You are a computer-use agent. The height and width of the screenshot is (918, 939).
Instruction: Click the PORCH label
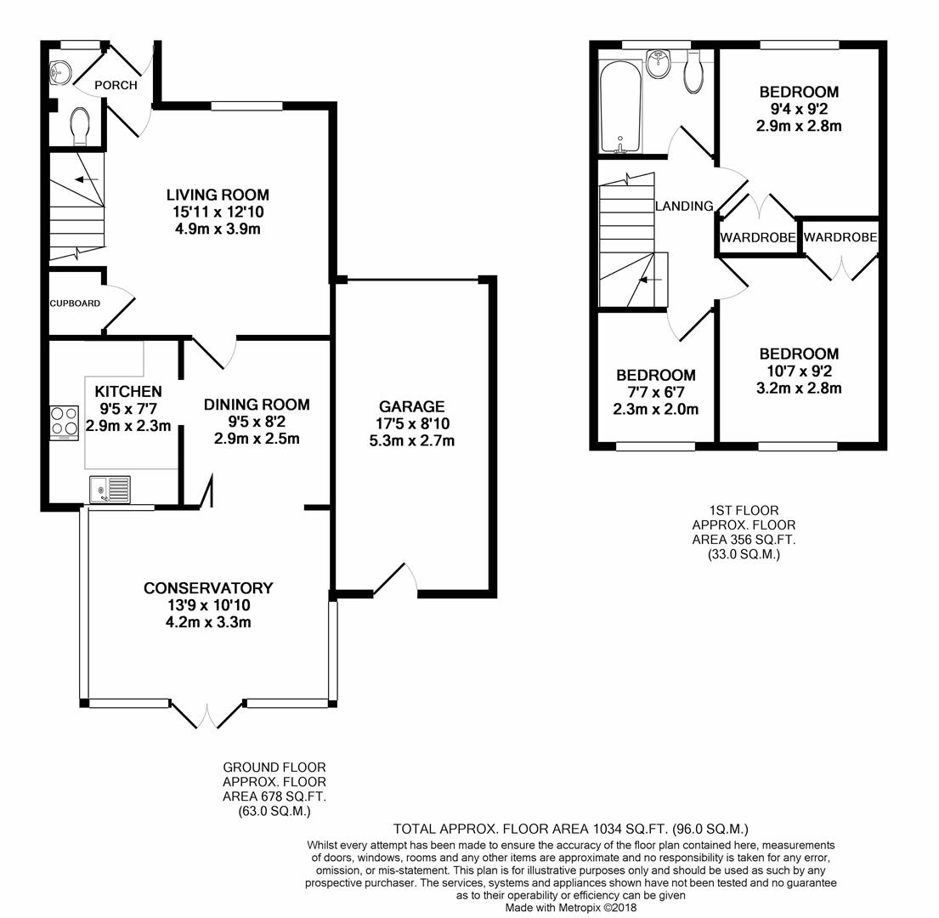pos(116,85)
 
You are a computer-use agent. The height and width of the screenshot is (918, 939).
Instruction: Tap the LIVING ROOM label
pos(218,195)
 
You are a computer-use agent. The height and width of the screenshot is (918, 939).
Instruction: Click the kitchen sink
pos(110,489)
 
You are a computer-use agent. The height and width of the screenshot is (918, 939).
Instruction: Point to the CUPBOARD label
pos(75,303)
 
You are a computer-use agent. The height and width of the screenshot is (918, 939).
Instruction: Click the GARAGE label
pos(412,407)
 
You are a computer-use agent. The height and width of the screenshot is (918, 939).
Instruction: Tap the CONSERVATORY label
pos(208,588)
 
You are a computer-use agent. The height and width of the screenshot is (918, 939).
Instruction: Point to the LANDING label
pos(683,206)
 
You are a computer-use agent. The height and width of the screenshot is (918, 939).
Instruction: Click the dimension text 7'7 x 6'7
pos(656,392)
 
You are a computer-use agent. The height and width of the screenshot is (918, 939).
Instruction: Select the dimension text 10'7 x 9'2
pos(799,371)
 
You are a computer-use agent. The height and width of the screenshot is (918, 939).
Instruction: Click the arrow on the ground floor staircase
pos(83,179)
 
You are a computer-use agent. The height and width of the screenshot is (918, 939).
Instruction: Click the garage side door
pos(395,579)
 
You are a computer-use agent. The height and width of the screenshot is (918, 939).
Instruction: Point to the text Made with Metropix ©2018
pos(570,907)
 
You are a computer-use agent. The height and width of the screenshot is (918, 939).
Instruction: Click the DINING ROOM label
pos(257,405)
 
